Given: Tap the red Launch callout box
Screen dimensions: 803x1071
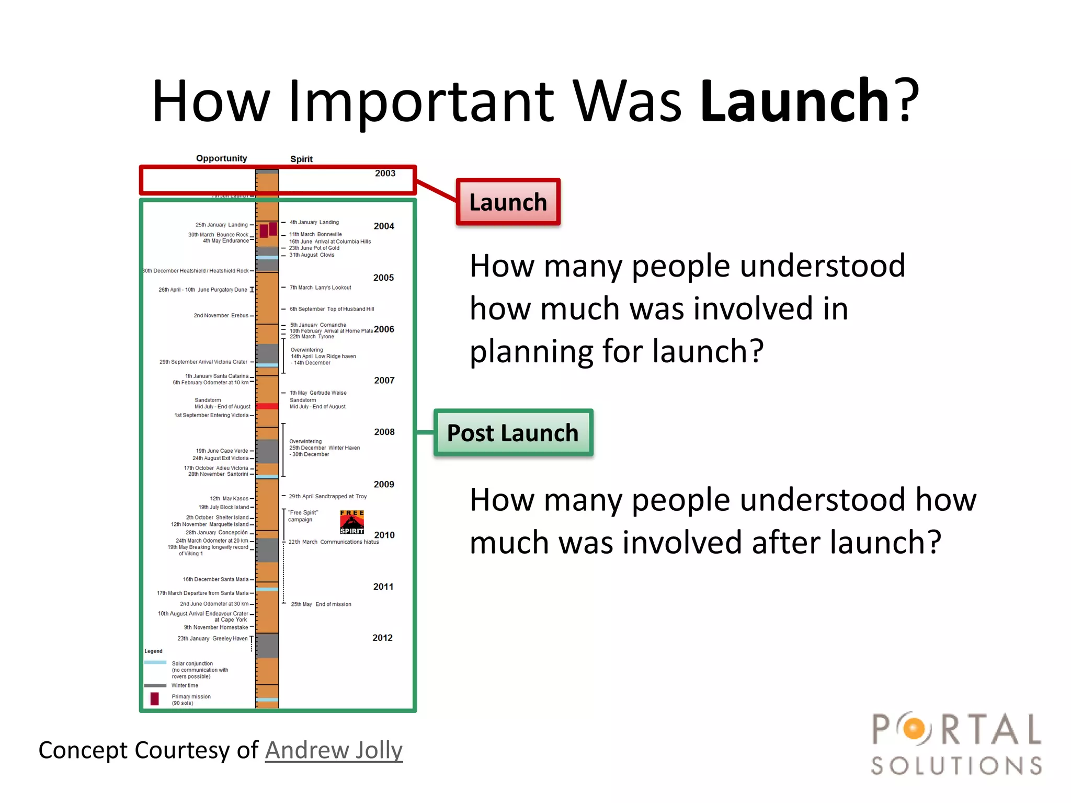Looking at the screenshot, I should pyautogui.click(x=508, y=202).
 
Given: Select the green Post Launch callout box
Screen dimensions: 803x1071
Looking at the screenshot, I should pyautogui.click(x=513, y=433).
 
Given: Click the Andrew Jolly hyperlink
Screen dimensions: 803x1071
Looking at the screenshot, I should pyautogui.click(x=334, y=750).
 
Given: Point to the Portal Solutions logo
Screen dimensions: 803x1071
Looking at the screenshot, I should pyautogui.click(x=956, y=743).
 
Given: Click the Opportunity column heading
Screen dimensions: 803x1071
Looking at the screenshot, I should pyautogui.click(x=221, y=158).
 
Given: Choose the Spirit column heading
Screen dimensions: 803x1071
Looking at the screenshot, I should pyautogui.click(x=301, y=159).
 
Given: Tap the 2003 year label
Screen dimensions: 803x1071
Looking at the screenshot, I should pyautogui.click(x=385, y=174).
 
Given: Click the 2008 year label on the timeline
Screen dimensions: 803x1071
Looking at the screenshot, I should pyautogui.click(x=384, y=432).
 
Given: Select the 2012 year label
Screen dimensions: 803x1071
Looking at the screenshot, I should pyautogui.click(x=382, y=638).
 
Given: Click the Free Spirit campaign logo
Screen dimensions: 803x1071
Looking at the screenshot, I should pyautogui.click(x=352, y=522).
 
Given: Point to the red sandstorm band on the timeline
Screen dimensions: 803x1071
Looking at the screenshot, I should pyautogui.click(x=267, y=406).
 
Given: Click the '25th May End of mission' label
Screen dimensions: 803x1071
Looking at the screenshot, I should pyautogui.click(x=321, y=604).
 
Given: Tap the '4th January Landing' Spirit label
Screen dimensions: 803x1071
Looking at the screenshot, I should pyautogui.click(x=314, y=222).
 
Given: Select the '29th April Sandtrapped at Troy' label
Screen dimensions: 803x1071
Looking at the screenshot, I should pyautogui.click(x=328, y=497).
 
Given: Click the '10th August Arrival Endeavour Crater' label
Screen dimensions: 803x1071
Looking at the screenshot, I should pyautogui.click(x=203, y=614).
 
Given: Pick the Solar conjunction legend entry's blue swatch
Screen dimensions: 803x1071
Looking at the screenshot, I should pyautogui.click(x=155, y=663).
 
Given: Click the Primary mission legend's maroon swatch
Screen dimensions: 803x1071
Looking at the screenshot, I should pyautogui.click(x=155, y=699).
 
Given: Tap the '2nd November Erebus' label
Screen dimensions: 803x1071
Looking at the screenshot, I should pyautogui.click(x=221, y=316).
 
